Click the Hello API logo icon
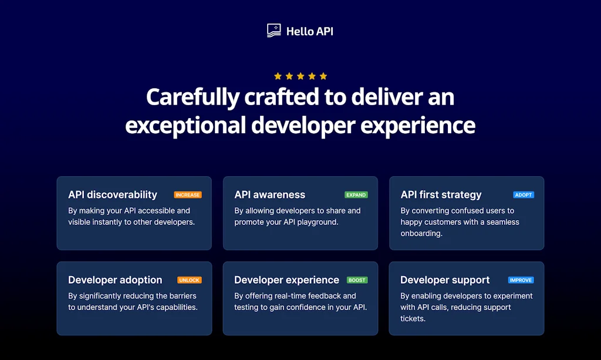274,31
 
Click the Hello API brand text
309,31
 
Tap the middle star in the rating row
300,76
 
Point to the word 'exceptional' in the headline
185,125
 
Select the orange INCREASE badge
188,195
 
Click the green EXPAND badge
356,195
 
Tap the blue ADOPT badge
524,195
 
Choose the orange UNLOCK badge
190,280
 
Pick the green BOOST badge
357,280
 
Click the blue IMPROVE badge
521,280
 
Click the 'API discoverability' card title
113,195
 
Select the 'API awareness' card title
270,195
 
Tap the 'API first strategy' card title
441,195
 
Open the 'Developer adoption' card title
115,280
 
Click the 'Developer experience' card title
286,280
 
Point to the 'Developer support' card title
445,280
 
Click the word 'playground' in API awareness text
318,222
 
